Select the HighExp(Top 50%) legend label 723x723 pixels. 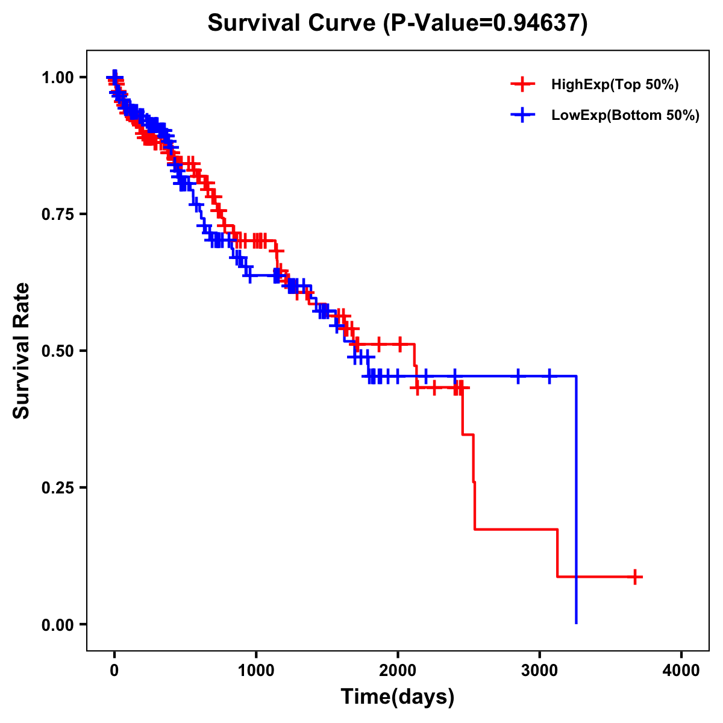[x=615, y=85]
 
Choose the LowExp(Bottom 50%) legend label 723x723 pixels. [x=625, y=116]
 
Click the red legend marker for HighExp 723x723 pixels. [x=522, y=84]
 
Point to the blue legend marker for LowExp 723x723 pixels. [x=522, y=115]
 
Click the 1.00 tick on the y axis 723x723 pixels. [x=57, y=77]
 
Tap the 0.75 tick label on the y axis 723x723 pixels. [x=57, y=214]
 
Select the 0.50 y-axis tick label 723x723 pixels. [x=57, y=351]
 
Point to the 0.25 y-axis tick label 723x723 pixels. [x=57, y=487]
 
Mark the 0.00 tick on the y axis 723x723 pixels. [x=57, y=624]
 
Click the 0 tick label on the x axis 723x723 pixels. [x=114, y=670]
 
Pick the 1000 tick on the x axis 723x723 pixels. [x=256, y=670]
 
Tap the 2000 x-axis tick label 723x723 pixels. [x=398, y=670]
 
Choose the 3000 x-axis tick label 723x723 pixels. [x=540, y=670]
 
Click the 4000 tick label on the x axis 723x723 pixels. [x=681, y=670]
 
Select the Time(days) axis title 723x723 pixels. [x=398, y=697]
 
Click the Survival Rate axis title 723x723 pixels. [x=22, y=351]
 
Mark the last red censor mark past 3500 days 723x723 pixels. [x=634, y=577]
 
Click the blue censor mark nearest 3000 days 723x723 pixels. [x=549, y=377]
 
